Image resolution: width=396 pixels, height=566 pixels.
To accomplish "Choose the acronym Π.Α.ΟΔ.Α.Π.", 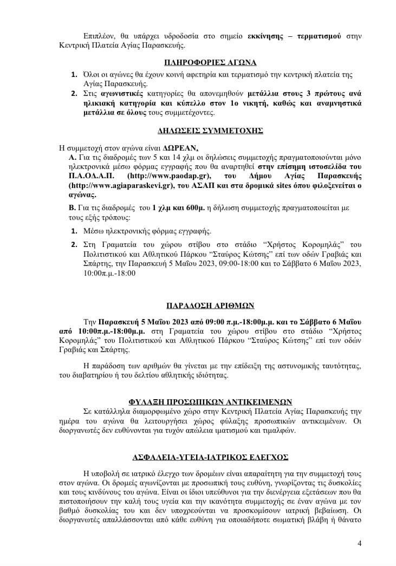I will click(x=86, y=177).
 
